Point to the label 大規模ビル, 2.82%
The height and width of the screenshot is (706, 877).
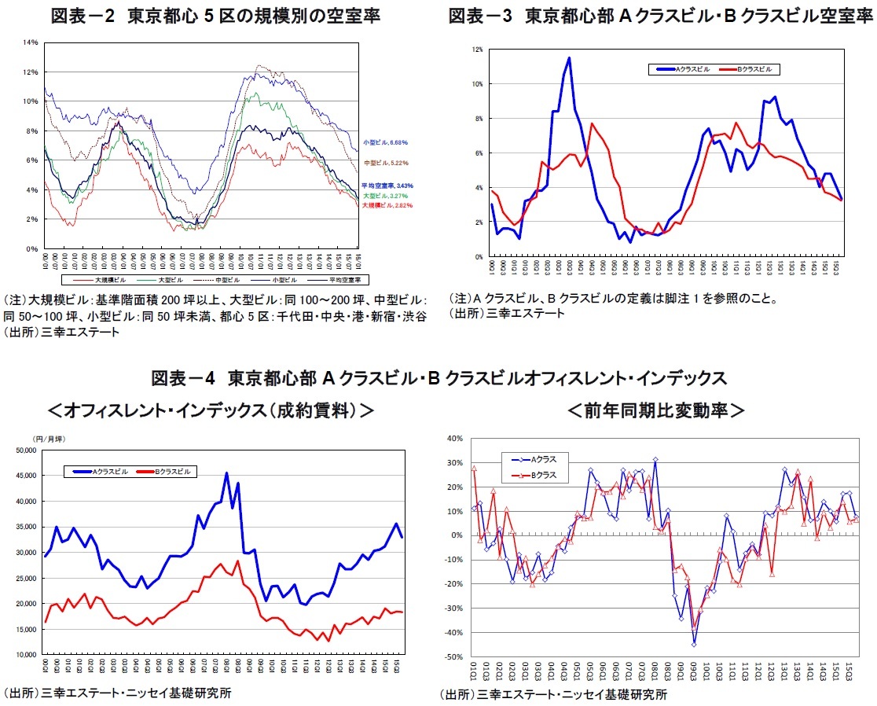(387, 205)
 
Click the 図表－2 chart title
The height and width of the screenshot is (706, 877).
(215, 15)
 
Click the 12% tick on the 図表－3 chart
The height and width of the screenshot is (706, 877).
(477, 50)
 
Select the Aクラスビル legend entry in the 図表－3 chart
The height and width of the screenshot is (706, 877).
(681, 69)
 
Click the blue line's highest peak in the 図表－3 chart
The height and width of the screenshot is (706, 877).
(569, 57)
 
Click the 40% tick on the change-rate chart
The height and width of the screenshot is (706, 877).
(454, 439)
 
